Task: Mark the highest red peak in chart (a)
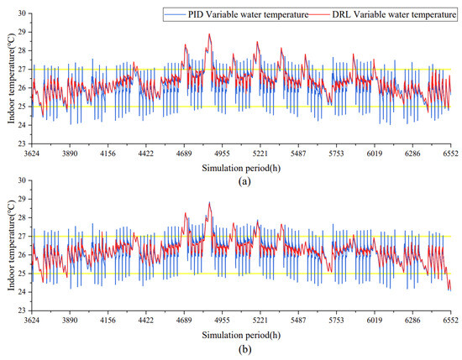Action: coord(210,34)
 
